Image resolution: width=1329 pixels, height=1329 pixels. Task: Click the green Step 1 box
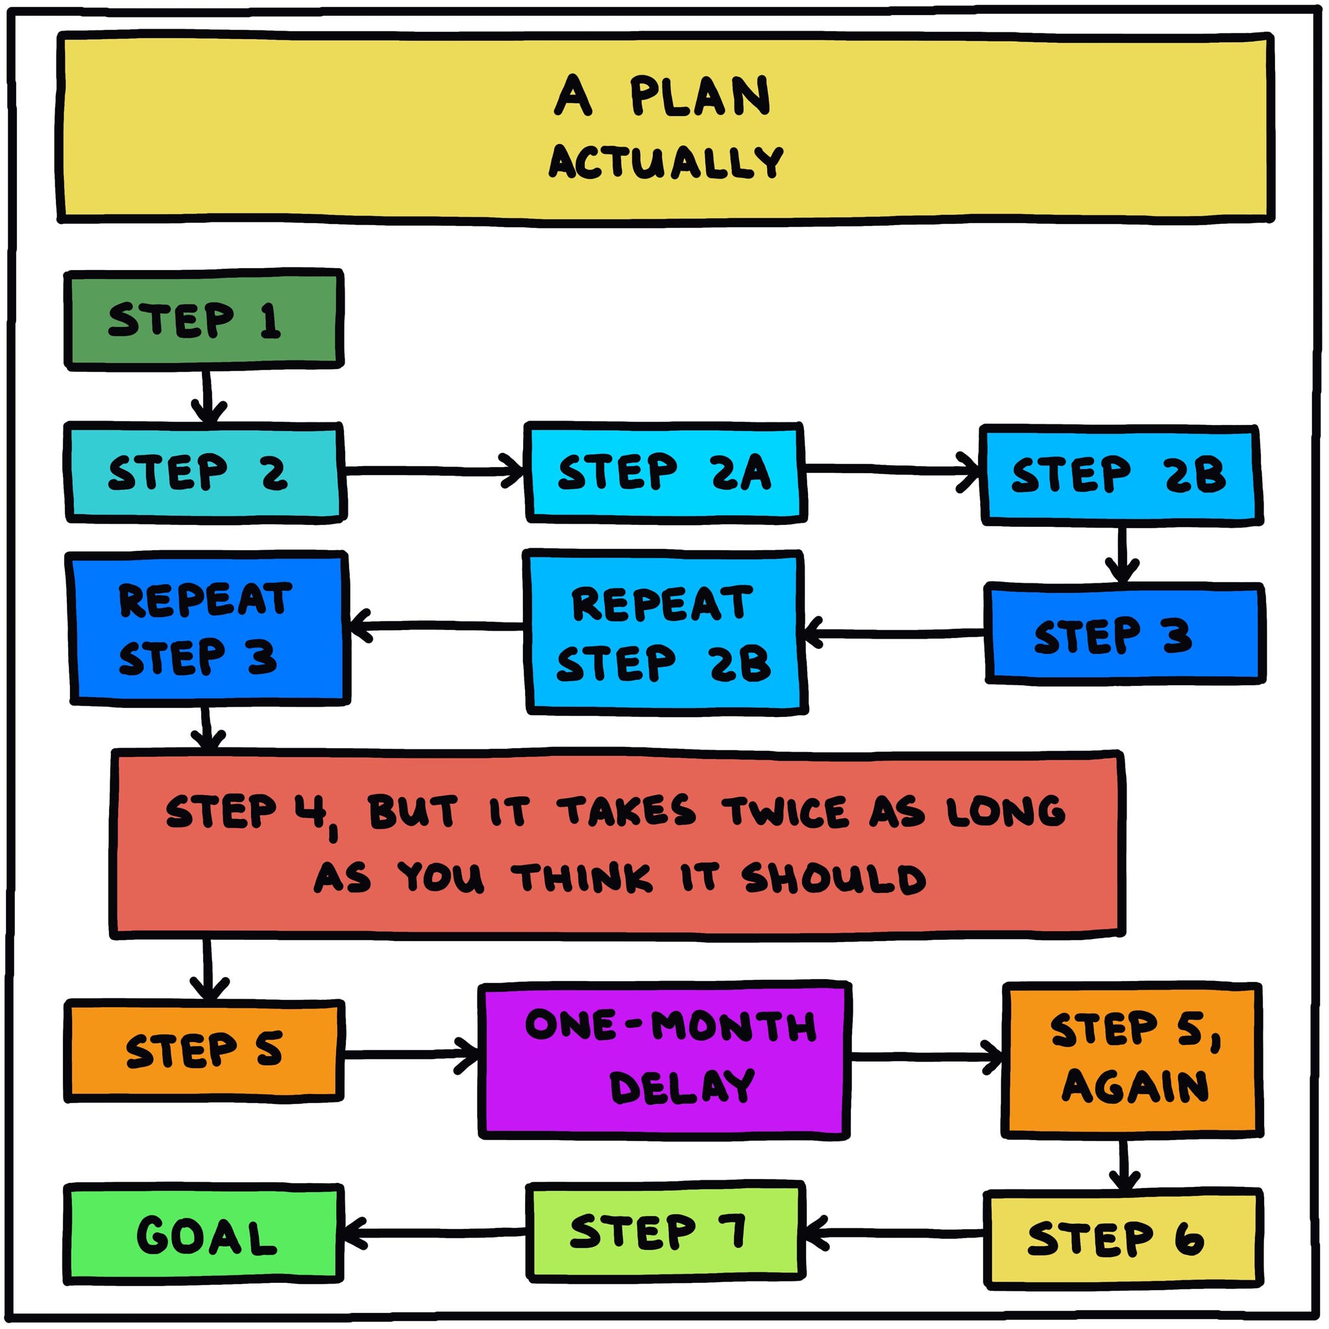click(x=204, y=319)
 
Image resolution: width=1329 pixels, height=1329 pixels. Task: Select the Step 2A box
click(x=664, y=472)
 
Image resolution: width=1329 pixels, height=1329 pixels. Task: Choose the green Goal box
click(x=204, y=1236)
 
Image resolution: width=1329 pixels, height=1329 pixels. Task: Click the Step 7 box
click(x=664, y=1231)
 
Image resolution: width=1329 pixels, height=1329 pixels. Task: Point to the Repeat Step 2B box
click(x=664, y=633)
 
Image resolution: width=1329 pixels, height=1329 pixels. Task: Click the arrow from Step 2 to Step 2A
click(x=433, y=471)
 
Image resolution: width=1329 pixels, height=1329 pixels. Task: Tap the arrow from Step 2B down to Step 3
click(x=1122, y=554)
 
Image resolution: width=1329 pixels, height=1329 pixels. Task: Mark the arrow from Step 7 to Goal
click(x=433, y=1233)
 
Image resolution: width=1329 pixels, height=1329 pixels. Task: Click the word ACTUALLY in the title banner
click(x=666, y=162)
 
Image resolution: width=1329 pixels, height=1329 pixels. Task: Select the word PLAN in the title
click(x=700, y=97)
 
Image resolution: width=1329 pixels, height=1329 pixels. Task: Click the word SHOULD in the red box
click(x=834, y=879)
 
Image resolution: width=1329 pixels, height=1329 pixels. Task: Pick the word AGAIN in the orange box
click(x=1134, y=1087)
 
